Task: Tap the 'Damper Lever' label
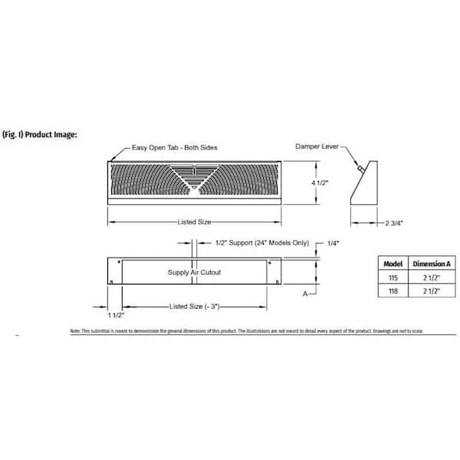tap(315, 146)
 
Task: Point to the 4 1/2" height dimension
tap(327, 183)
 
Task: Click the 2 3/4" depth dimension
tap(393, 223)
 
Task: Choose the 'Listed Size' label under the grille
tap(194, 222)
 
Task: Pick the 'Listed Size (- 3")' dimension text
tap(195, 306)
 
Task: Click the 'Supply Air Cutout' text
tap(194, 272)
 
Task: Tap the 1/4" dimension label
tap(333, 243)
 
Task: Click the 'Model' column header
tap(392, 262)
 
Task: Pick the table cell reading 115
tap(392, 278)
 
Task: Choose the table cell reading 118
tap(392, 292)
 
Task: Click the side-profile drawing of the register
tap(366, 185)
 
